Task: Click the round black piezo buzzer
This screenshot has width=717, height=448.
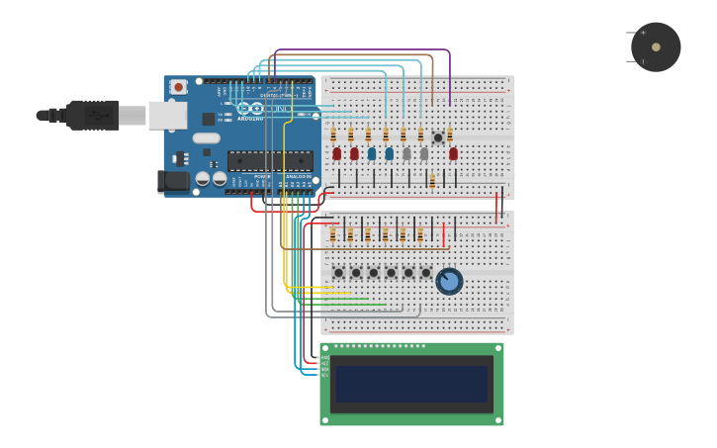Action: coord(656,47)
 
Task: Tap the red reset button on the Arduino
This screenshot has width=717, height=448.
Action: coord(178,87)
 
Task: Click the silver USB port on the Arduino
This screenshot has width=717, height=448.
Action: coord(167,116)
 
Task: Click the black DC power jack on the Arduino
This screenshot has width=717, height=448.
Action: coord(174,181)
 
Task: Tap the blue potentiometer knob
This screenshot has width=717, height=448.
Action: coord(449,282)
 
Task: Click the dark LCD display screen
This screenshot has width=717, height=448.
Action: coord(411,384)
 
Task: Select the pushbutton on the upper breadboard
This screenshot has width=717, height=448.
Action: coord(438,137)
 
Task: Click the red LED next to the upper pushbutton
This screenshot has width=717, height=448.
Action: coord(453,153)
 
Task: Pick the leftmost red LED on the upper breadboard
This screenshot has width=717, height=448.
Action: coord(336,153)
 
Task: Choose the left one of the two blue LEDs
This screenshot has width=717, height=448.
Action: coord(372,153)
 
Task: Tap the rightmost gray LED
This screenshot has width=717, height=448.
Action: coord(423,153)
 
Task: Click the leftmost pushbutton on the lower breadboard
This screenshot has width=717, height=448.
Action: coord(338,272)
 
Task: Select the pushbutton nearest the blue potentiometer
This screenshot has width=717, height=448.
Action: coord(426,272)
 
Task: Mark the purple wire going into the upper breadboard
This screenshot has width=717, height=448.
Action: coord(450,74)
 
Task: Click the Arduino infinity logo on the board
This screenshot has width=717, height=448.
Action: coord(249,108)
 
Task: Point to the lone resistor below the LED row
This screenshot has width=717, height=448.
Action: coord(432,181)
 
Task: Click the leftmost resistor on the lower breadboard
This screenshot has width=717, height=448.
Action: coord(333,234)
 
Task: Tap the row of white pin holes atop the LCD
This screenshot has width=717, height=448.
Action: coord(380,346)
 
